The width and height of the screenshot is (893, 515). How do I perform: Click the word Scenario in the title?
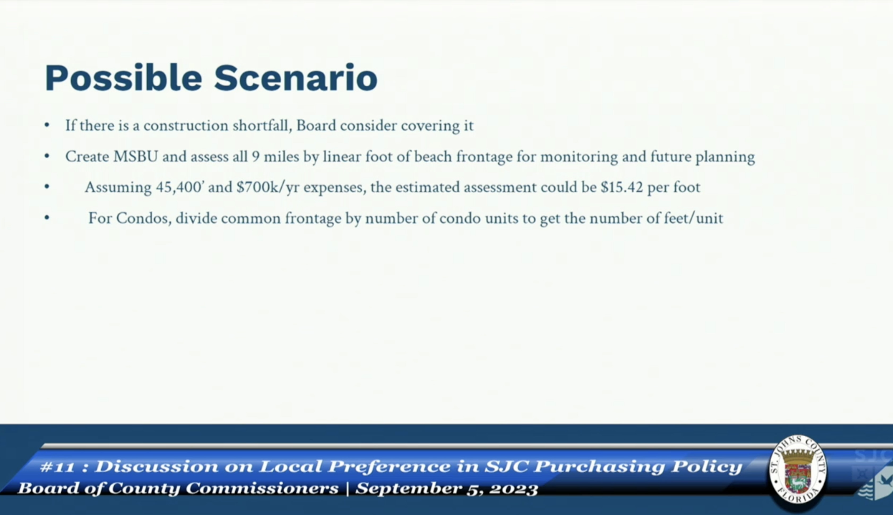pyautogui.click(x=296, y=78)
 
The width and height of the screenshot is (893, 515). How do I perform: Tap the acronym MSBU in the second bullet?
pyautogui.click(x=135, y=157)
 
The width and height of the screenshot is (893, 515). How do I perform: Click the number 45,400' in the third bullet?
pyautogui.click(x=179, y=187)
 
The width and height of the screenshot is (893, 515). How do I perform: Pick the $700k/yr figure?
pyautogui.click(x=268, y=187)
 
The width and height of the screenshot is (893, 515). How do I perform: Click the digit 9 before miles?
pyautogui.click(x=256, y=157)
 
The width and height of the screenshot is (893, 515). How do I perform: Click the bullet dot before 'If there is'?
pyautogui.click(x=47, y=125)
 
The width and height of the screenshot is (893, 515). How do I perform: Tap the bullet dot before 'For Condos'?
pyautogui.click(x=47, y=218)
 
